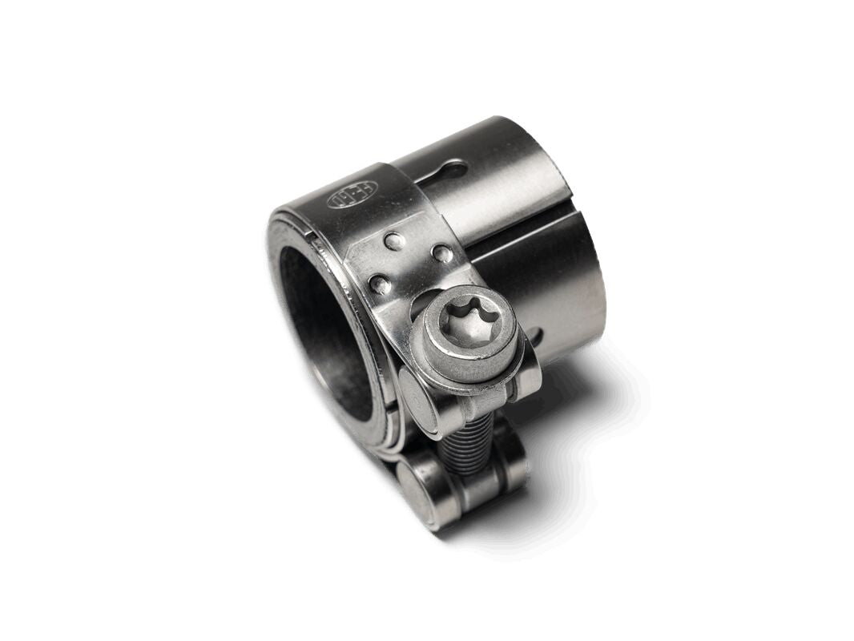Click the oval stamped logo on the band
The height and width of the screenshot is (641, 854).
[x=353, y=195]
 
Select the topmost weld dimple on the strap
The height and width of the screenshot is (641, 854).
[x=392, y=240]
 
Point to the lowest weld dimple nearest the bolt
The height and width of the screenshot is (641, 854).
[x=380, y=283]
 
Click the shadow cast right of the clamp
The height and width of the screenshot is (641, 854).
[x=585, y=417]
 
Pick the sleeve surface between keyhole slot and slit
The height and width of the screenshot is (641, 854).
[x=505, y=192]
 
